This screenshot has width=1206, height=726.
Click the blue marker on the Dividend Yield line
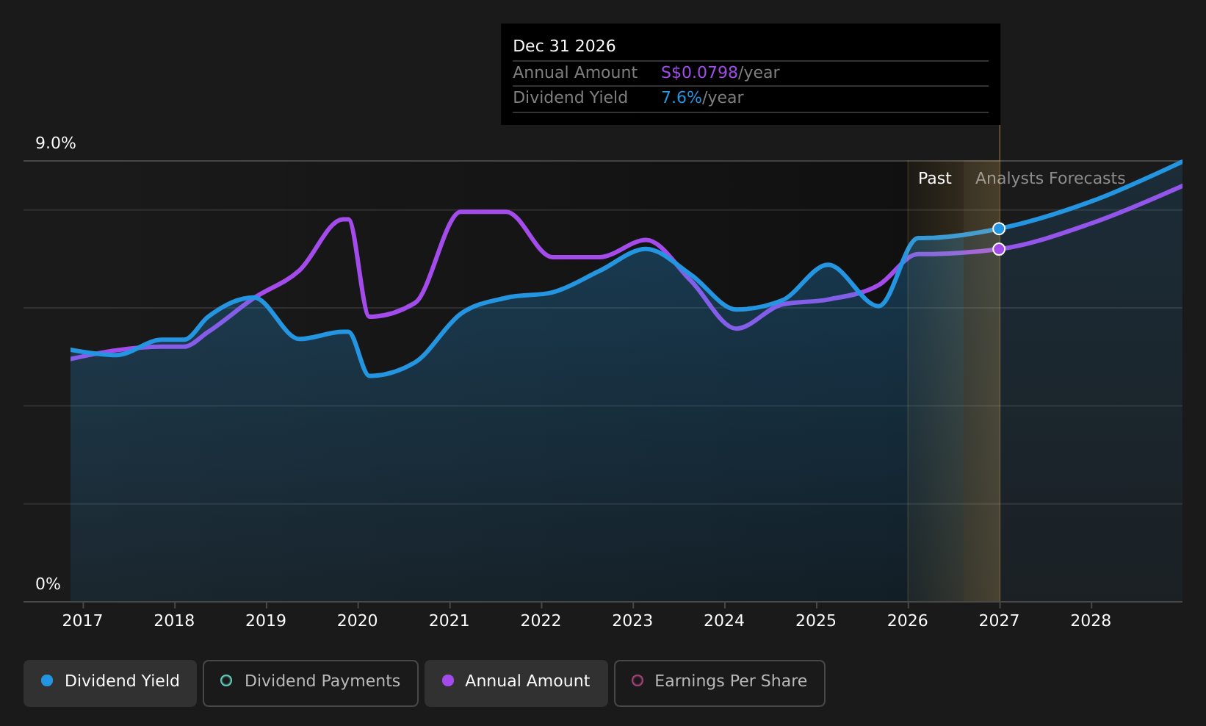tap(999, 229)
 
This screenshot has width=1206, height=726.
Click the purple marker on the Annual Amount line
tap(999, 249)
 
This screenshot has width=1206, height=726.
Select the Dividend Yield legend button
tap(110, 683)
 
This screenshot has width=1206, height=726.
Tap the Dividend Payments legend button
tap(311, 683)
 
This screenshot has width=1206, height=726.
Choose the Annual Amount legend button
tap(516, 683)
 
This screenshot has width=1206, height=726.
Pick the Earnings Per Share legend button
tap(719, 683)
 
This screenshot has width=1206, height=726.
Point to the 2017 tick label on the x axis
tap(82, 621)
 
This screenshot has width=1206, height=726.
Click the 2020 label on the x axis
tap(358, 621)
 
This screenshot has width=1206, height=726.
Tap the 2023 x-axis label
tap(632, 621)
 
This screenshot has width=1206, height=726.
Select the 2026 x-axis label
tap(908, 621)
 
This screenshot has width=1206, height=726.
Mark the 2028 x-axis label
tap(1091, 621)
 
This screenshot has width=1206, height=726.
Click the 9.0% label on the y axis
tap(56, 143)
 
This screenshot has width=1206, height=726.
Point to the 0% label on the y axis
tap(48, 584)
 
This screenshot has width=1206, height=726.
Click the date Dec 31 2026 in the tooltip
tap(563, 46)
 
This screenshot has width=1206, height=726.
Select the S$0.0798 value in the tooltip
tap(698, 73)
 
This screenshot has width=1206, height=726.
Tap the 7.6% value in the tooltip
tap(682, 98)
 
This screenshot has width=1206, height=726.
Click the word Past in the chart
tap(935, 179)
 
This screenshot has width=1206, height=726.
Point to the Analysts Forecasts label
tap(1050, 179)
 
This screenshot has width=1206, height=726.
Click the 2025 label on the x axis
tap(816, 621)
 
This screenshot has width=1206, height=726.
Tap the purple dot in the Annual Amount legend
tap(447, 680)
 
